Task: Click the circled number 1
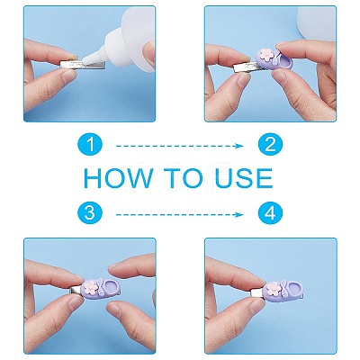point(90,144)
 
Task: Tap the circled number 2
point(270,144)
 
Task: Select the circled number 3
point(90,213)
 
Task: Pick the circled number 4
point(270,213)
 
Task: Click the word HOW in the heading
point(118,178)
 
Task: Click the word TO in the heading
point(184,178)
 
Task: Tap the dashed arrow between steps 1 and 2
point(179,146)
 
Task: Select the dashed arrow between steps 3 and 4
point(179,214)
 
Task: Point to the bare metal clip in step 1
point(83,65)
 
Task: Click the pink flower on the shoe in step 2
point(265,55)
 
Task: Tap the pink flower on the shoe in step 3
point(91,286)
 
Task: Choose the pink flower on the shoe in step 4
point(272,288)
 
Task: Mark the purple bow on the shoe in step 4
point(283,286)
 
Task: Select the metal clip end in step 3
point(75,290)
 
